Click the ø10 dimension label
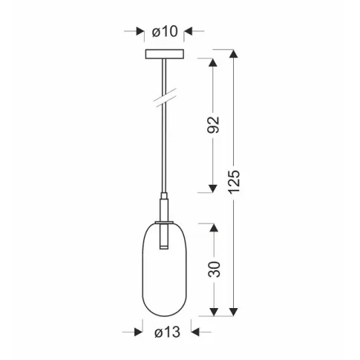point(165,31)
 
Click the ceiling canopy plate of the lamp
point(165,56)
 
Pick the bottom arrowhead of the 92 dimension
point(215,188)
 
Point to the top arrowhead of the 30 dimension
point(215,227)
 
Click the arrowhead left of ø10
point(140,31)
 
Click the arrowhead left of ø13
point(137,333)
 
